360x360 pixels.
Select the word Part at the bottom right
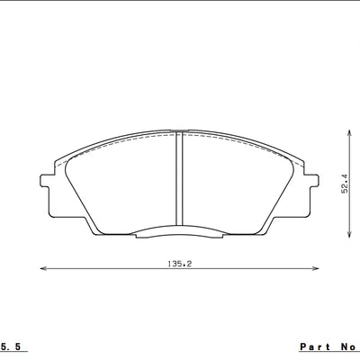[315, 346]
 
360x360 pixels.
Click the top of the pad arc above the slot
[180, 131]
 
